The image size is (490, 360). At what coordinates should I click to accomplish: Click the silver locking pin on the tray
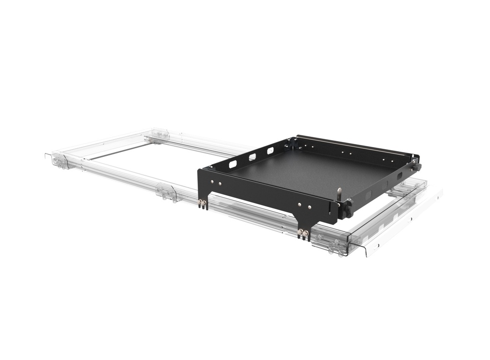(x=339, y=194)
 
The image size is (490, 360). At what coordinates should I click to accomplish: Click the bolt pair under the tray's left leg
(x=202, y=204)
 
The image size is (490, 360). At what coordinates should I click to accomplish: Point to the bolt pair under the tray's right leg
(x=303, y=234)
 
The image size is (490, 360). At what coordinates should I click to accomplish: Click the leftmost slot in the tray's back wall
(x=233, y=164)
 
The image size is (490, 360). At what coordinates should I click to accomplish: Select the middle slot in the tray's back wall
(x=252, y=157)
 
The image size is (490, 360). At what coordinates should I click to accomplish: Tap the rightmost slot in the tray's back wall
(x=270, y=151)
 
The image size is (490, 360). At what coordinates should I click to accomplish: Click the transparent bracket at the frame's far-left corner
(x=60, y=161)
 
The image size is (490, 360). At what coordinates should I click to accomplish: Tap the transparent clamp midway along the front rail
(x=167, y=193)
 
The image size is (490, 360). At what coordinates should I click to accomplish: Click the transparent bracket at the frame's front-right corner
(x=337, y=245)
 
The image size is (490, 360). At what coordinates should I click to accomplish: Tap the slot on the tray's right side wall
(x=399, y=176)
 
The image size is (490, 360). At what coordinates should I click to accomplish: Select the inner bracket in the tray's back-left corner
(x=292, y=142)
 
